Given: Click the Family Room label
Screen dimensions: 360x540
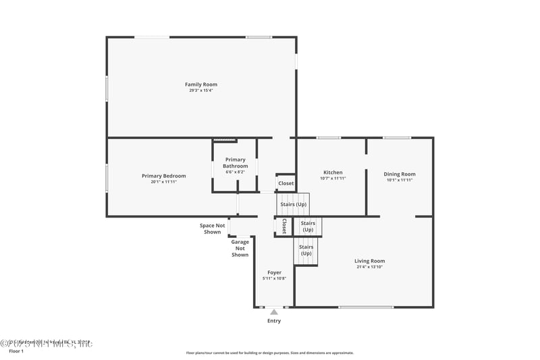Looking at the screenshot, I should pyautogui.click(x=201, y=84).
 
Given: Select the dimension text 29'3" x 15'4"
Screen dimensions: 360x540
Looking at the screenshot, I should pyautogui.click(x=201, y=91).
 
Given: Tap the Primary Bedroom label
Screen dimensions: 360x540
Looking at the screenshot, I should pyautogui.click(x=163, y=176).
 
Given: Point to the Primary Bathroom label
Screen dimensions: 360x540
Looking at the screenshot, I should pyautogui.click(x=235, y=163).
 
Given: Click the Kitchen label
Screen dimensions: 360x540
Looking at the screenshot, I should pyautogui.click(x=333, y=172).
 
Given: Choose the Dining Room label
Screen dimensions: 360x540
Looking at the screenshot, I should pyautogui.click(x=400, y=174).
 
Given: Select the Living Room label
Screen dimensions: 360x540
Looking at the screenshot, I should pyautogui.click(x=369, y=261).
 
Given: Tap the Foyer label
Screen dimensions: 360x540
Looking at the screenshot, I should pyautogui.click(x=274, y=272).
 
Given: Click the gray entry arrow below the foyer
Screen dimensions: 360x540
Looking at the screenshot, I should pyautogui.click(x=273, y=312).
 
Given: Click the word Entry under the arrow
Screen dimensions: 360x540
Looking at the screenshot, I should pyautogui.click(x=273, y=321).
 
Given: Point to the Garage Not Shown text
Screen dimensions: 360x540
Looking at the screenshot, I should pyautogui.click(x=240, y=248).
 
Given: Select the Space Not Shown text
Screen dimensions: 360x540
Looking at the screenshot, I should pyautogui.click(x=212, y=228).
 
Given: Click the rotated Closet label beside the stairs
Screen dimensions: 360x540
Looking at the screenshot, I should pyautogui.click(x=284, y=226).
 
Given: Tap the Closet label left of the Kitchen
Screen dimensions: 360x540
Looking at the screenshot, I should pyautogui.click(x=286, y=183).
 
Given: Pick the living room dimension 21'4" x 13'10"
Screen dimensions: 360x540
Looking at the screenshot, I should pyautogui.click(x=369, y=267).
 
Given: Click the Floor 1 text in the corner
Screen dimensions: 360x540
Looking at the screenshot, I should pyautogui.click(x=16, y=351).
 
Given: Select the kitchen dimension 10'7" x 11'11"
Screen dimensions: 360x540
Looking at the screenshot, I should pyautogui.click(x=333, y=179).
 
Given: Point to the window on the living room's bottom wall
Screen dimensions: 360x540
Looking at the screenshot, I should pyautogui.click(x=366, y=307).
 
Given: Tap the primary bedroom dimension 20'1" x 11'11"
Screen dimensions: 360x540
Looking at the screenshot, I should pyautogui.click(x=163, y=182).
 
